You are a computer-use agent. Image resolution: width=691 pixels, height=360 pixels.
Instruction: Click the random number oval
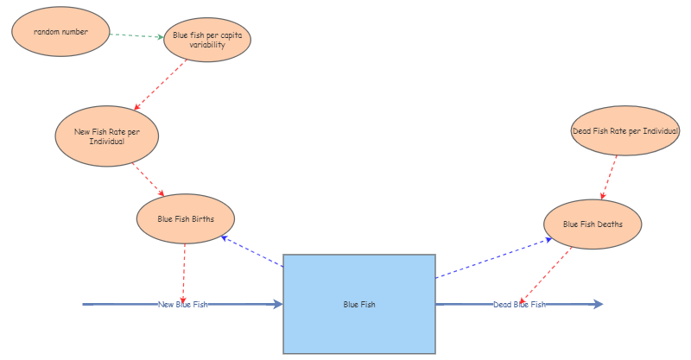click(x=60, y=32)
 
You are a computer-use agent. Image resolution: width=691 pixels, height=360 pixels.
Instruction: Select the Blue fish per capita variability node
click(x=207, y=40)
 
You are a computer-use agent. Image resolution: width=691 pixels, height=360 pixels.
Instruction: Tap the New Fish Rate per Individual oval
click(x=106, y=136)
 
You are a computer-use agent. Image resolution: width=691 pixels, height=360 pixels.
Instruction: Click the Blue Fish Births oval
click(x=186, y=219)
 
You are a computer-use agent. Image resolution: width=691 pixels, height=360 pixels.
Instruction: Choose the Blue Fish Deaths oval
click(x=593, y=224)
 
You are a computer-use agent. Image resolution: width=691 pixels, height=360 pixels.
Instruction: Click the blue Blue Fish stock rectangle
click(x=359, y=304)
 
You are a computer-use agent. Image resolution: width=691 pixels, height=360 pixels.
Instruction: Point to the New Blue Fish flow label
click(x=183, y=304)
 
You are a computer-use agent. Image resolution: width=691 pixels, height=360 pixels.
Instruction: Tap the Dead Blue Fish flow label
click(x=519, y=304)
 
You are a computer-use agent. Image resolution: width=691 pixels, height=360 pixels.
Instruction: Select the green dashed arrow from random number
click(x=137, y=35)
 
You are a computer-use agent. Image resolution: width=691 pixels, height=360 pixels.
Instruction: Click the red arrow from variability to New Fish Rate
click(x=161, y=85)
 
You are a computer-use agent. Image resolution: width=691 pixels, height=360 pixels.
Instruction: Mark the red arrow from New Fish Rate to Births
click(x=148, y=180)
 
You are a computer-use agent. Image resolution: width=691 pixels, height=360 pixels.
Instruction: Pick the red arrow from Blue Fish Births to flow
click(x=183, y=272)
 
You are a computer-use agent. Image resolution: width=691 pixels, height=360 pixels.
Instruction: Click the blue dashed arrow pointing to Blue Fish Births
click(x=252, y=251)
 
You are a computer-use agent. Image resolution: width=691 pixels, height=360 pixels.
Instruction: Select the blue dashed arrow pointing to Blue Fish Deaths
click(x=493, y=257)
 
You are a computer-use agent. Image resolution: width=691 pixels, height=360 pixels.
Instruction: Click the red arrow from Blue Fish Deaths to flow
click(x=546, y=275)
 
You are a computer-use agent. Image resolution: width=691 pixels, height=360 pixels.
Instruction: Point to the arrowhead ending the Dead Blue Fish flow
click(x=598, y=304)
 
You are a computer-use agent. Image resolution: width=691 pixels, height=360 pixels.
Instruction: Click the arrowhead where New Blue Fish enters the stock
click(x=278, y=304)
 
